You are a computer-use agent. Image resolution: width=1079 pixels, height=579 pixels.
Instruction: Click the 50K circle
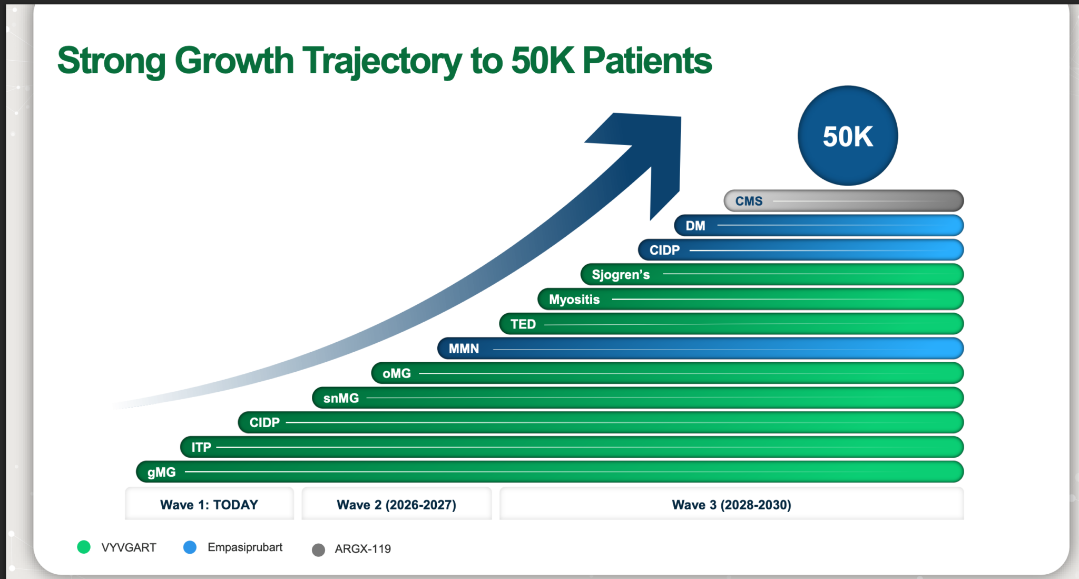point(847,136)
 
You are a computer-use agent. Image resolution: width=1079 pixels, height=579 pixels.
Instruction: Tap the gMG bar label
point(161,472)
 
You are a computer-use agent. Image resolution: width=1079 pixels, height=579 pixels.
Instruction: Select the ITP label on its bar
point(201,447)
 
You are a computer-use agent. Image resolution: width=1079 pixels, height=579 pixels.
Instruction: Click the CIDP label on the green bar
point(264,422)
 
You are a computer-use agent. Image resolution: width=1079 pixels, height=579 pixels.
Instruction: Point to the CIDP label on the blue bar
point(664,250)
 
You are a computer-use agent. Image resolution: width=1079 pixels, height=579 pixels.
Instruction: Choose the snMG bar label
point(341,398)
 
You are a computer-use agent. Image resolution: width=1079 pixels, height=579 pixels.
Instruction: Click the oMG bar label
point(396,373)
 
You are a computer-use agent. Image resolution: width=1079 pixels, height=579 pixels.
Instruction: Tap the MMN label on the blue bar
point(464,349)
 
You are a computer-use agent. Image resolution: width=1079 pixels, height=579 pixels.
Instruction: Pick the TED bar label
point(523,324)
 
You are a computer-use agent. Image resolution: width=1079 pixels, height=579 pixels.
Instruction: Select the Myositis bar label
point(574,300)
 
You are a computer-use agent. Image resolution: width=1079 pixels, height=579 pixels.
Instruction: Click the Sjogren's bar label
point(620,275)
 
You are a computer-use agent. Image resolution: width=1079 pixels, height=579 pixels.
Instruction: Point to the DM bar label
point(695,226)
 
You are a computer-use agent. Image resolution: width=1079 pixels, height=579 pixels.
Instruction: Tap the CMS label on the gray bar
point(749,201)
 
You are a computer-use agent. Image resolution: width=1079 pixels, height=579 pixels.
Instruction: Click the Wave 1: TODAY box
point(209,505)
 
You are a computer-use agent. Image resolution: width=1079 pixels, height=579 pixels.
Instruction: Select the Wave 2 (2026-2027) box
point(396,505)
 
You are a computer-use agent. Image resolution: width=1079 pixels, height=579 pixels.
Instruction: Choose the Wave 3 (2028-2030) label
point(731,505)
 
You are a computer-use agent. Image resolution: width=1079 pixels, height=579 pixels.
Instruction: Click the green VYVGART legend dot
point(84,547)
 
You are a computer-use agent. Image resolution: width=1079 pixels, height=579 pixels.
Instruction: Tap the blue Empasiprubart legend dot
point(190,547)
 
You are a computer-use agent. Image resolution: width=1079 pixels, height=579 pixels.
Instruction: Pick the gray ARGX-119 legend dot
point(318,550)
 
